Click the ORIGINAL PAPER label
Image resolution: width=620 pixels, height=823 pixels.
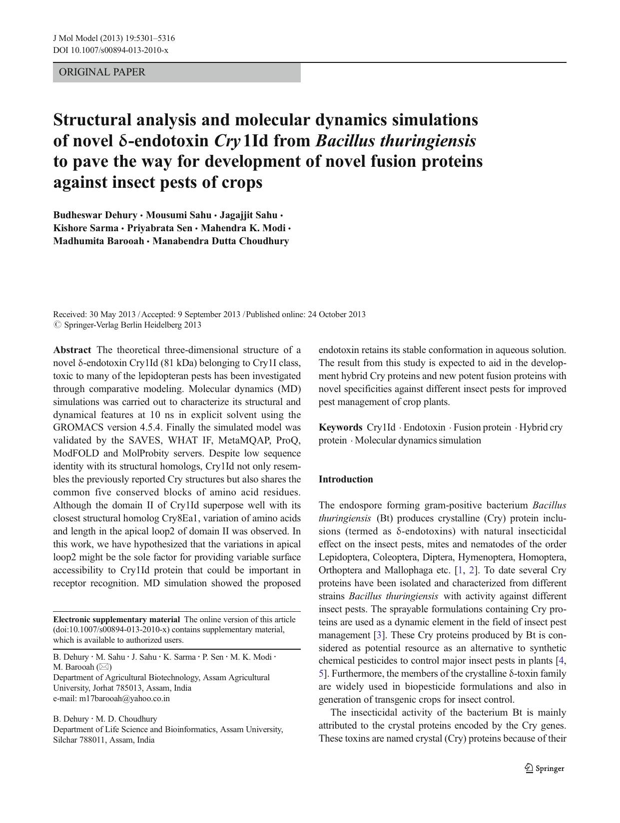pyautogui.click(x=102, y=72)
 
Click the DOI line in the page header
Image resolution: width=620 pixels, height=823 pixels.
pyautogui.click(x=110, y=50)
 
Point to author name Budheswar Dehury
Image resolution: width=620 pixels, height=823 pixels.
pyautogui.click(x=95, y=215)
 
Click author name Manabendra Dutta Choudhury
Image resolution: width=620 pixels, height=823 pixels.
pyautogui.click(x=220, y=241)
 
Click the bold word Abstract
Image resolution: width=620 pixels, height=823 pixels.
pyautogui.click(x=72, y=350)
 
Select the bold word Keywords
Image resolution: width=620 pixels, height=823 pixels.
pyautogui.click(x=340, y=427)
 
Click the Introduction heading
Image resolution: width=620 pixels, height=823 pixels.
pyautogui.click(x=346, y=479)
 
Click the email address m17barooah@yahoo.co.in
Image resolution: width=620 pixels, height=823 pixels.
pyautogui.click(x=124, y=699)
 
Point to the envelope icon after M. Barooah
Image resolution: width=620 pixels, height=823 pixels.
pyautogui.click(x=104, y=667)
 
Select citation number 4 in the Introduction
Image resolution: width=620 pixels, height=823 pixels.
pyautogui.click(x=562, y=661)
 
